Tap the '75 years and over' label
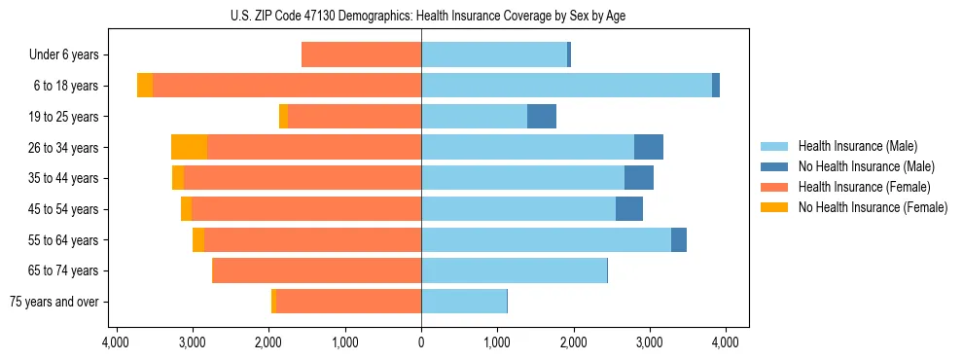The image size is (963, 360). click(x=55, y=302)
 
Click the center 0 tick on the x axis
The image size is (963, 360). click(x=421, y=342)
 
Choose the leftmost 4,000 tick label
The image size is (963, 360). click(x=116, y=342)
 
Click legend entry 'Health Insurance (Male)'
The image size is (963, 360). click(x=857, y=146)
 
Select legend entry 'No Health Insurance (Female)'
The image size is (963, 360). click(x=873, y=207)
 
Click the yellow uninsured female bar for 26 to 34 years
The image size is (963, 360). click(x=189, y=148)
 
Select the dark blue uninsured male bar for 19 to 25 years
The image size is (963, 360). click(x=542, y=117)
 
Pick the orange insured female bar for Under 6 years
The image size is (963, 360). click(x=361, y=55)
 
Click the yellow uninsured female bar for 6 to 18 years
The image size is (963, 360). click(x=145, y=86)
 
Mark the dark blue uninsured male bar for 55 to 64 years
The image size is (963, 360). click(x=679, y=240)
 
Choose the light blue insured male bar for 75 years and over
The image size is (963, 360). click(x=464, y=302)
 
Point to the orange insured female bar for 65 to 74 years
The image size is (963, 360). click(x=316, y=270)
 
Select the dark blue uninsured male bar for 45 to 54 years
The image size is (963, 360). click(x=629, y=209)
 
